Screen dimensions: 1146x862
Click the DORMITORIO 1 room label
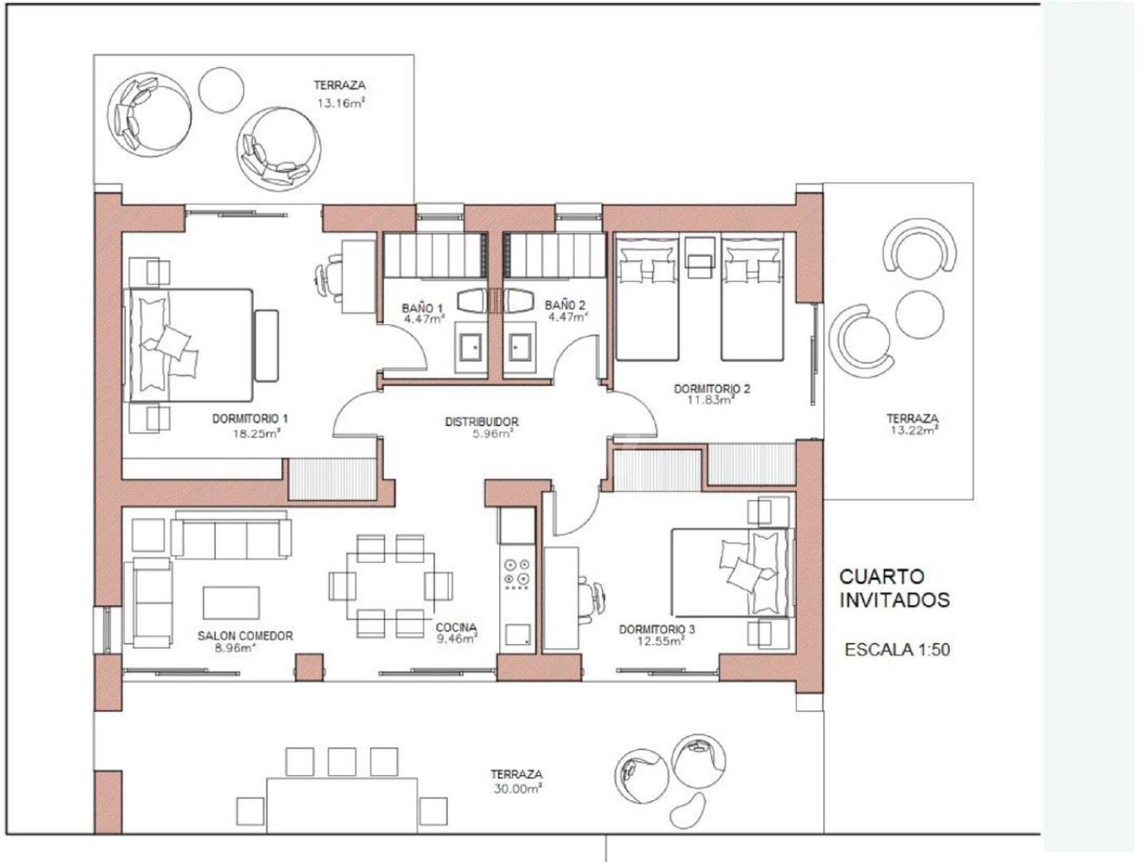coord(250,418)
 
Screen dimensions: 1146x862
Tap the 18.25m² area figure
coord(257,433)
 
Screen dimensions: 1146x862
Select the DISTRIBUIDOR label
coord(482,421)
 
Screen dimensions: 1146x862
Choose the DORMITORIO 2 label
coord(712,389)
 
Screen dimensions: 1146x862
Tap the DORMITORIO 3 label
coord(656,629)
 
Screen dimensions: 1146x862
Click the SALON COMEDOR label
coord(245,636)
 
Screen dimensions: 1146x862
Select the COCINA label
coord(456,627)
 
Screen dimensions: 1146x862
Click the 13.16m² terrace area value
coord(341,103)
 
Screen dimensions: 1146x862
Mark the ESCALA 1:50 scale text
coord(898,650)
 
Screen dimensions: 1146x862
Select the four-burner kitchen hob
coord(516,574)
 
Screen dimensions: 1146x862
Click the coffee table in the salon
coord(232,603)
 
